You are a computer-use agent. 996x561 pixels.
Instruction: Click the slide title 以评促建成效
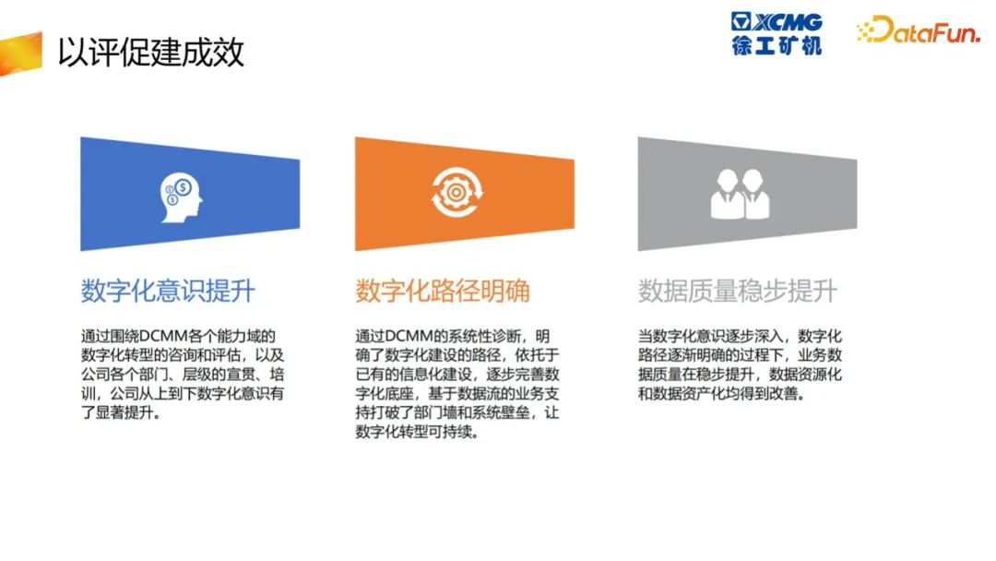pos(151,52)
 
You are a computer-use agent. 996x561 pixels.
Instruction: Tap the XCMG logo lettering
pos(787,22)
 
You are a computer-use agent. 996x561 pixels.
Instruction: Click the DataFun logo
pos(919,30)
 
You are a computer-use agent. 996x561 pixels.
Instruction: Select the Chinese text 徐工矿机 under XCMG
pos(777,45)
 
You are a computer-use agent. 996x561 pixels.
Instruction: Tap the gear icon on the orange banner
pos(456,192)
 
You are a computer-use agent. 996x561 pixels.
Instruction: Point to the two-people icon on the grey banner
pos(740,194)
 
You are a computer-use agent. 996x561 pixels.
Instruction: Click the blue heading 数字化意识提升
pos(168,291)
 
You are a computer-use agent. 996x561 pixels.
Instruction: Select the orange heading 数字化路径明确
pos(442,291)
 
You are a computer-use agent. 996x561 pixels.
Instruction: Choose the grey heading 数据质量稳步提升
pos(738,291)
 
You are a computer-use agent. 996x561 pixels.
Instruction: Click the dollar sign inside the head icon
pos(184,187)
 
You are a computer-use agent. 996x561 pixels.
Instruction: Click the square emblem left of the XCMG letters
pos(741,21)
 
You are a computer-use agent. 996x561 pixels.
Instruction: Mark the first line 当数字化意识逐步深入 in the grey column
pos(710,336)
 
